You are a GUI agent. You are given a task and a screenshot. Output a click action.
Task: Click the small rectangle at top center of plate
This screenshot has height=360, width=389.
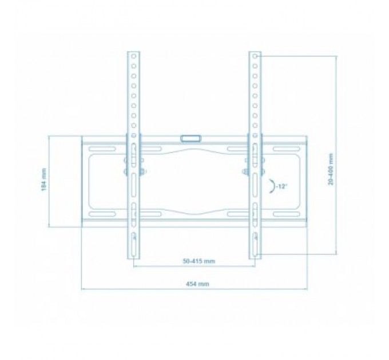(191, 138)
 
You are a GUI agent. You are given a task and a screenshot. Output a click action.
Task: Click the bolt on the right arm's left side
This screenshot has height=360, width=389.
(245, 170)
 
